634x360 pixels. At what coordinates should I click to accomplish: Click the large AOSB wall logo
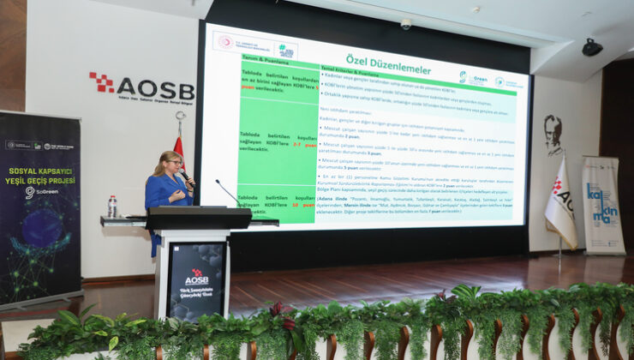point(141,87)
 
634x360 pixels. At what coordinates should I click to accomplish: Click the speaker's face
point(172,162)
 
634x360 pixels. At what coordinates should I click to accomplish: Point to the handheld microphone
point(183,176)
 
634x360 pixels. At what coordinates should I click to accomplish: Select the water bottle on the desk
point(112,207)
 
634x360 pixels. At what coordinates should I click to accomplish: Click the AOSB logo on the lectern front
point(196,277)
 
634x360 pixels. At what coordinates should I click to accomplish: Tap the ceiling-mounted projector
point(592,47)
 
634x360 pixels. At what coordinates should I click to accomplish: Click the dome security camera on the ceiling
point(406,24)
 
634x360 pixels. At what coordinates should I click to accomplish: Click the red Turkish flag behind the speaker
point(179,150)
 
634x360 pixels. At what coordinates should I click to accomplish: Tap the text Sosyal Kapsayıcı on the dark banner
point(39,170)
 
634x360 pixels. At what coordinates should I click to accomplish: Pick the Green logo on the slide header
point(474,78)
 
